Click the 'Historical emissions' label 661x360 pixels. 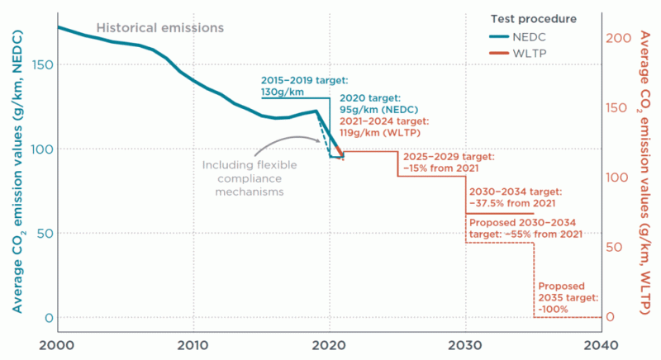tap(159, 27)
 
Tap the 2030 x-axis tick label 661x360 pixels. tap(466, 344)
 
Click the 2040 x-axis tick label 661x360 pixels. tap(602, 344)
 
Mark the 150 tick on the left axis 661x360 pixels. tap(40, 64)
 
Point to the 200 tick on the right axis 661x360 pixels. tap(621, 38)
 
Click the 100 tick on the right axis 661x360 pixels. tap(621, 178)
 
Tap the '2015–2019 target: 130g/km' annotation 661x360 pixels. tap(294, 86)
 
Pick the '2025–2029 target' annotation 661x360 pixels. tap(448, 162)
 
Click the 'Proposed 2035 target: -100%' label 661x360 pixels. tap(567, 297)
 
